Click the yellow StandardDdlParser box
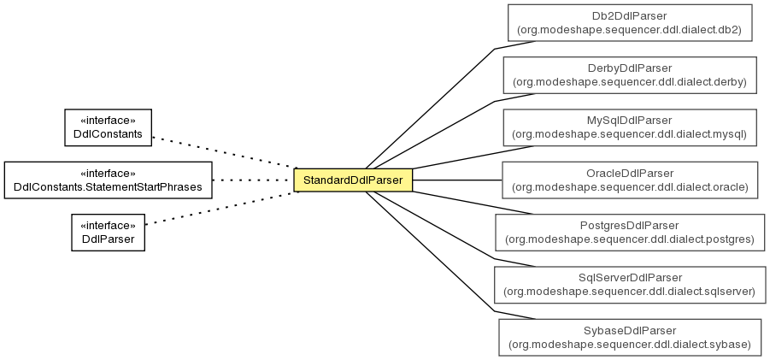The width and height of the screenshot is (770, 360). (x=353, y=180)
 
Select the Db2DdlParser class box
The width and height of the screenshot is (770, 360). (x=630, y=22)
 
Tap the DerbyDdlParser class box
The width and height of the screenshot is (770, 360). (x=630, y=75)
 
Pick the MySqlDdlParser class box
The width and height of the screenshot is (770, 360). (x=630, y=127)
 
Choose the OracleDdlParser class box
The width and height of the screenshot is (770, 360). (x=630, y=180)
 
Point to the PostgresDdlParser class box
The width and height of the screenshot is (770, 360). (x=630, y=233)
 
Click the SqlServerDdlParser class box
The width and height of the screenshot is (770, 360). (x=630, y=285)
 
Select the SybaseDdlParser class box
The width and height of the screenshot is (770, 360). (x=630, y=338)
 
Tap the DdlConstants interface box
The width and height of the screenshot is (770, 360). (x=108, y=127)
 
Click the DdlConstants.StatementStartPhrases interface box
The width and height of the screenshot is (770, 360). (x=108, y=180)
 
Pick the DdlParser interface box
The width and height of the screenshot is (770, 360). (x=108, y=233)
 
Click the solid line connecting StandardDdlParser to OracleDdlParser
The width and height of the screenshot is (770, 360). (x=457, y=180)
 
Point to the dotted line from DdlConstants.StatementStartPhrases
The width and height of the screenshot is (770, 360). (x=253, y=180)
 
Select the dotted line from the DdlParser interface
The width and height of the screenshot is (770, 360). (x=222, y=208)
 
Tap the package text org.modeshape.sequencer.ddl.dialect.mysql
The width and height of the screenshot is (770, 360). (x=630, y=134)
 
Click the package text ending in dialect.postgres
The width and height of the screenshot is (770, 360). (x=630, y=239)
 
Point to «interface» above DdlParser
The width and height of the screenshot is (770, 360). (x=108, y=226)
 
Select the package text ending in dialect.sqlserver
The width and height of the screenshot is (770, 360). (x=630, y=292)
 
